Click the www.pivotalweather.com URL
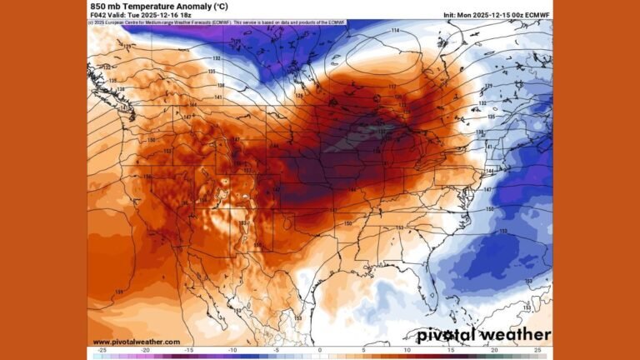point(136,342)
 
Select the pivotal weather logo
point(483,335)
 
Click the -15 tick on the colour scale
point(189,350)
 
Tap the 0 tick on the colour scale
point(320,350)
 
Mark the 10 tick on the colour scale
point(407,350)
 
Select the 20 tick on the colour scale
point(493,350)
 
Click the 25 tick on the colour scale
point(537,350)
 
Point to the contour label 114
point(395,31)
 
